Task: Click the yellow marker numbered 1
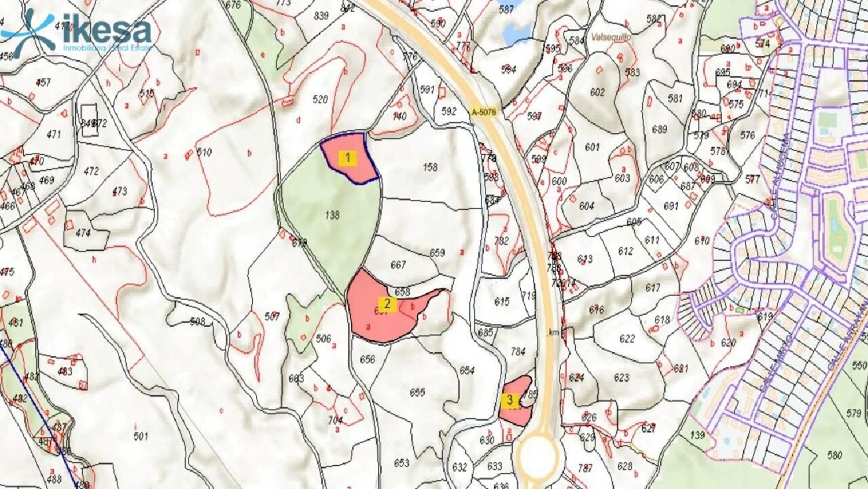(348, 157)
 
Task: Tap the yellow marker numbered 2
(387, 304)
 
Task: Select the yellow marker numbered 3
(510, 400)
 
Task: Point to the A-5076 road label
(484, 112)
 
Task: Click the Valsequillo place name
(611, 37)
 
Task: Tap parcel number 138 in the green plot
(332, 215)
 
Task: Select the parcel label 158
(430, 167)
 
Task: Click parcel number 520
(320, 99)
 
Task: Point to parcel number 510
(204, 152)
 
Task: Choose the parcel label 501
(141, 436)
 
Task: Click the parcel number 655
(417, 392)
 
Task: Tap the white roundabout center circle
(538, 455)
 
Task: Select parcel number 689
(660, 129)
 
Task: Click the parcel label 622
(627, 338)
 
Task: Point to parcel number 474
(83, 232)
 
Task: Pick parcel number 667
(398, 265)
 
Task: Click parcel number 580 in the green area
(834, 455)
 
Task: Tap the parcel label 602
(597, 92)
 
